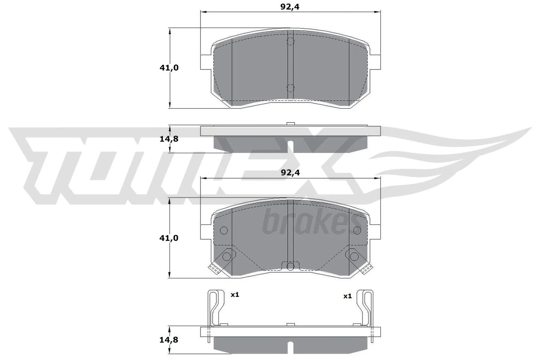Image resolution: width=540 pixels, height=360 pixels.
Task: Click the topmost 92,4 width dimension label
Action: click(290, 6)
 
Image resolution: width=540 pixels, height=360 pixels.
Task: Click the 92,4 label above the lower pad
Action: click(290, 173)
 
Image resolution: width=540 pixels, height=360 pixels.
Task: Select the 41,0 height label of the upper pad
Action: click(169, 68)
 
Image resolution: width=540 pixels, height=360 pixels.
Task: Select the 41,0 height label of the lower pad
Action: click(169, 238)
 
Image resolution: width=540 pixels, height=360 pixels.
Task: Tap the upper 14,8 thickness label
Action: click(169, 139)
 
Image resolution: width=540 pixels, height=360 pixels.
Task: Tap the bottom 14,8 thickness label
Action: click(169, 339)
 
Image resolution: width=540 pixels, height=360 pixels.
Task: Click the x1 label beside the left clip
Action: click(235, 295)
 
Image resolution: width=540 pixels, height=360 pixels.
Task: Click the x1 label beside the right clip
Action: click(347, 296)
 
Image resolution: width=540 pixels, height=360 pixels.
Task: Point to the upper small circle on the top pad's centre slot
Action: click(290, 42)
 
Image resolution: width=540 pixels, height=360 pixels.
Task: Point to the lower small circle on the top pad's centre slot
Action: click(290, 88)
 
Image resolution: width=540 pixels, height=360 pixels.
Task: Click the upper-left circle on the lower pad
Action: click(224, 230)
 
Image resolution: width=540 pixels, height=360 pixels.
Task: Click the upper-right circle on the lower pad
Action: click(357, 230)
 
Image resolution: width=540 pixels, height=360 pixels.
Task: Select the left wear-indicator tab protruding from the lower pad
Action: click(214, 269)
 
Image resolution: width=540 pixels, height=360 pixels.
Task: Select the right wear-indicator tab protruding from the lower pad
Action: click(367, 269)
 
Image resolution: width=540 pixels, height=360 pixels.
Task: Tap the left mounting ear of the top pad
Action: click(206, 62)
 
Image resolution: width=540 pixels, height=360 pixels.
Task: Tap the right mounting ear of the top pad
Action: click(375, 62)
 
